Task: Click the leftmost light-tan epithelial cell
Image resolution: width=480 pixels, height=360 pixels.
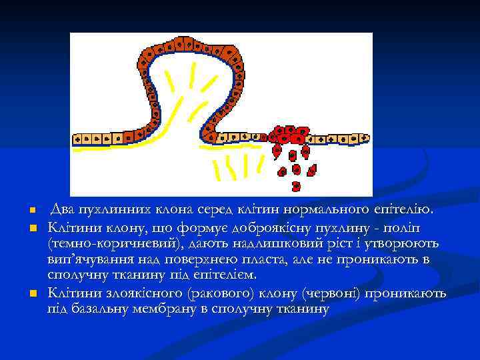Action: [77, 140]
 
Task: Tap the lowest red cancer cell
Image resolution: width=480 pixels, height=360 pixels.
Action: [297, 186]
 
